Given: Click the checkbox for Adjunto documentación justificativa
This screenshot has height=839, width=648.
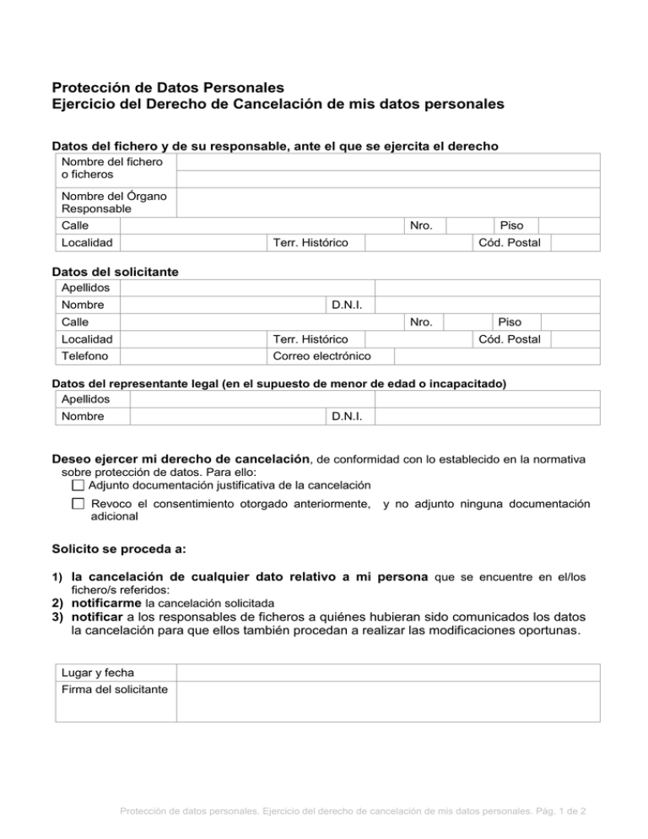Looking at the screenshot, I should pos(78,485).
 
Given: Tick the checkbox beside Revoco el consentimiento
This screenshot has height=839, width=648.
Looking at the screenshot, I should pos(78,504).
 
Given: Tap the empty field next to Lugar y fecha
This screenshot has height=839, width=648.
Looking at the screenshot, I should pos(387,672).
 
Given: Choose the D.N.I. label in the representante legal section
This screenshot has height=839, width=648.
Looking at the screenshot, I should pos(348,416).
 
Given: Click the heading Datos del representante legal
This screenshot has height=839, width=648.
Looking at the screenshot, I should pos(278,383).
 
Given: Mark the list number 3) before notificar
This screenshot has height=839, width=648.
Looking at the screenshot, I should pos(58,618).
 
